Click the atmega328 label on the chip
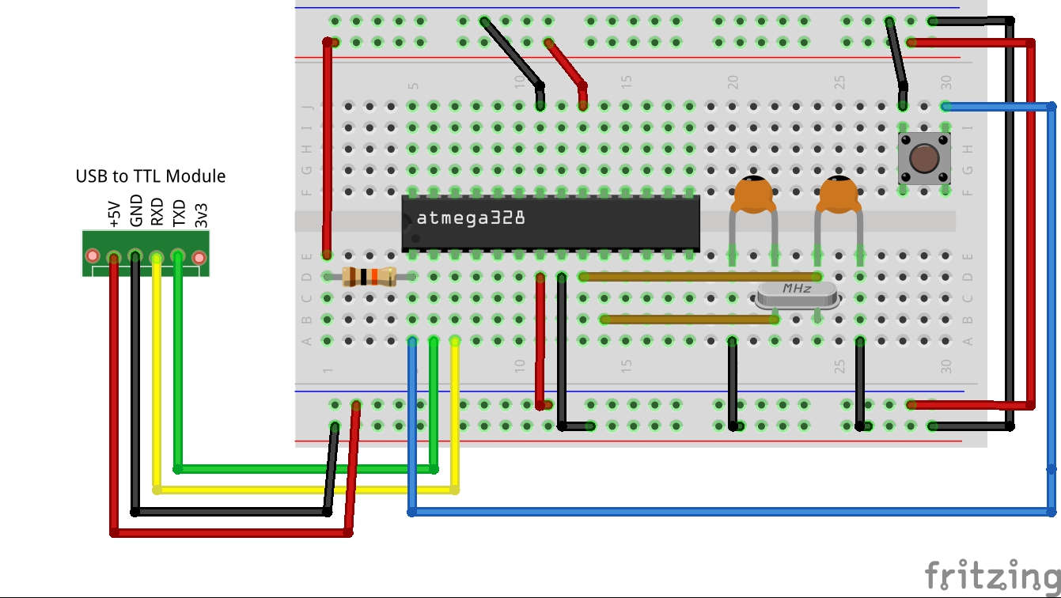(x=470, y=218)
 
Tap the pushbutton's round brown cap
(x=923, y=159)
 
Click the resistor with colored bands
(x=369, y=277)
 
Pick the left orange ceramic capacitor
(x=752, y=195)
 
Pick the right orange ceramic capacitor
(x=838, y=195)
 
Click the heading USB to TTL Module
(x=150, y=176)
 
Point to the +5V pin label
(x=113, y=214)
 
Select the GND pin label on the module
(x=135, y=211)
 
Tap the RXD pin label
(x=157, y=212)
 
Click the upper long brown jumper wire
(x=673, y=277)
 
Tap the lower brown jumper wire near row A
(x=688, y=320)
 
